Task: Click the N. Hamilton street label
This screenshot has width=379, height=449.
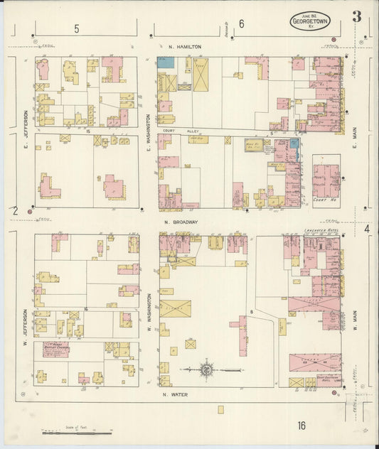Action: [x=185, y=47]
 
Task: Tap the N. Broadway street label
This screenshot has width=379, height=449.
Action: [x=181, y=222]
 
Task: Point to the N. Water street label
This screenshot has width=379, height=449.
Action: [x=174, y=394]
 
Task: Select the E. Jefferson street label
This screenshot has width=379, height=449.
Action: [x=24, y=124]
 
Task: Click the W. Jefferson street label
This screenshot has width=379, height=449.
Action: [x=24, y=323]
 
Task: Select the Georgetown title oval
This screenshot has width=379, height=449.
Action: [x=310, y=21]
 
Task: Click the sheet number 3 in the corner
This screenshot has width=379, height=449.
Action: [x=356, y=16]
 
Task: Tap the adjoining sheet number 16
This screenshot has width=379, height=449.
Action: [x=302, y=426]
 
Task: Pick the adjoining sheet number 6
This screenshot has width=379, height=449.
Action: [x=242, y=24]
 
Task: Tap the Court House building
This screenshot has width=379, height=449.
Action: [x=326, y=180]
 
